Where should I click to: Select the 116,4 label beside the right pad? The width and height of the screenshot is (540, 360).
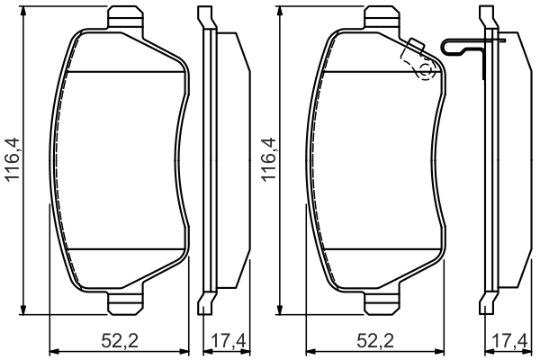pyautogui.click(x=267, y=161)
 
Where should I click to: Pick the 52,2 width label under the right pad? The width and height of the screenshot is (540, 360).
pyautogui.click(x=375, y=342)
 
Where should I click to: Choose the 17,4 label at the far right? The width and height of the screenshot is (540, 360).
pyautogui.click(x=512, y=342)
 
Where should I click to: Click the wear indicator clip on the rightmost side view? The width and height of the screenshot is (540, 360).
pyautogui.click(x=468, y=45)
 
